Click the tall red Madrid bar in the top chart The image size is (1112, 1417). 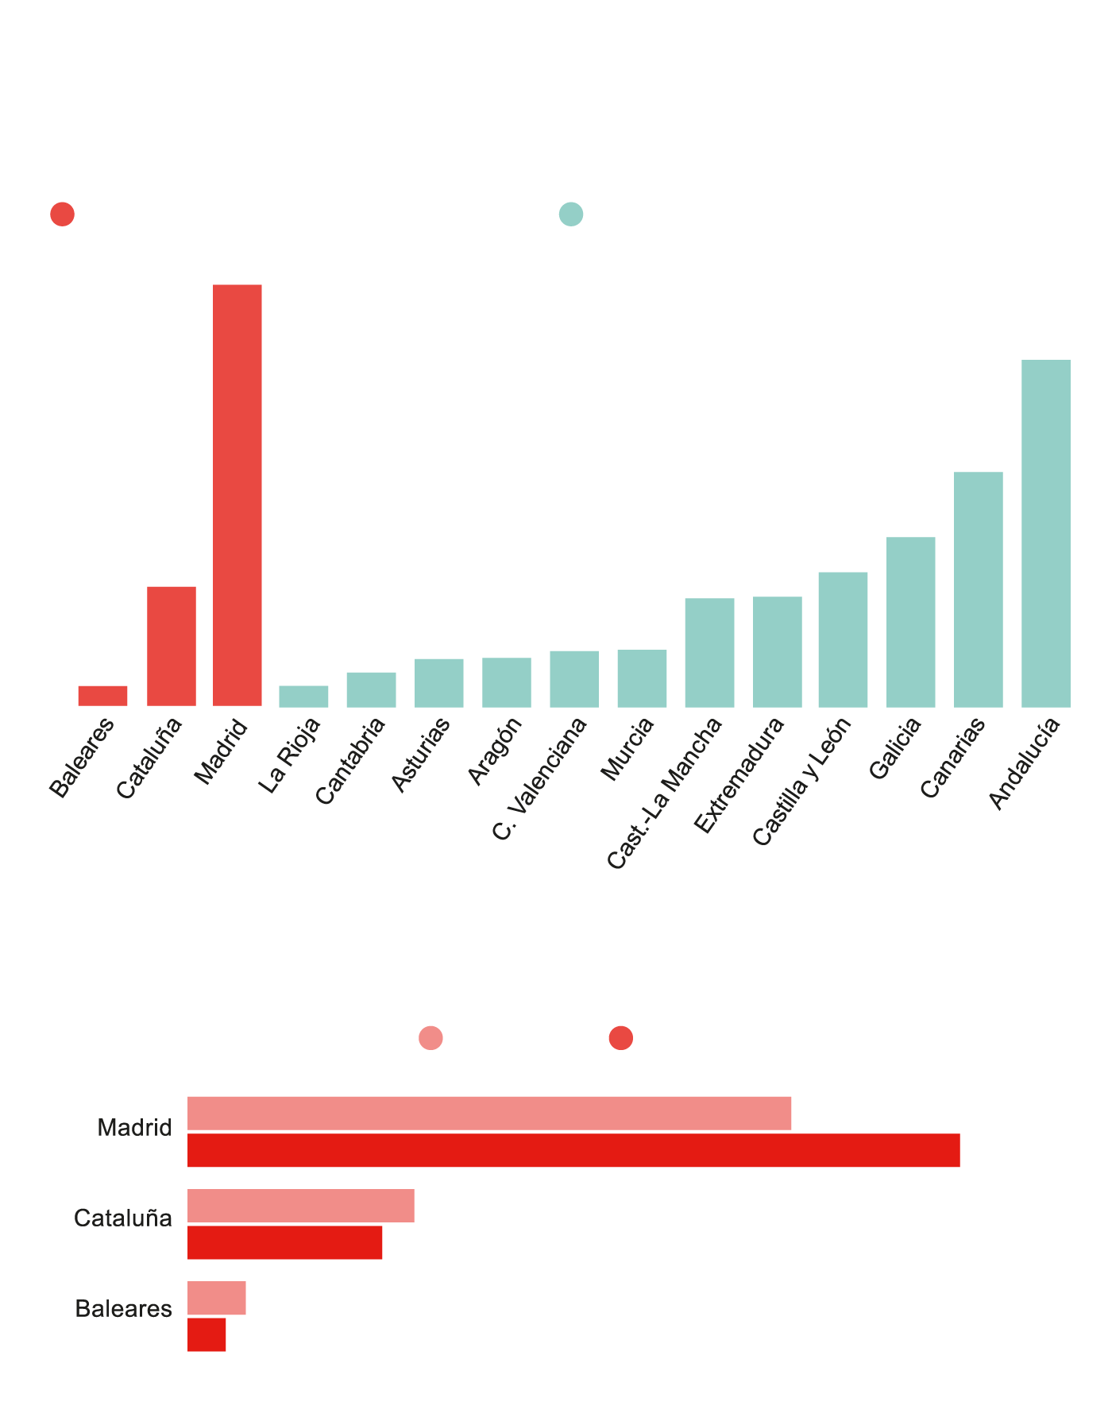click(x=237, y=495)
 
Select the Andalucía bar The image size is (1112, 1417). click(x=1045, y=533)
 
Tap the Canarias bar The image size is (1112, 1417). click(x=978, y=589)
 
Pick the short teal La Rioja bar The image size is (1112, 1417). click(x=303, y=696)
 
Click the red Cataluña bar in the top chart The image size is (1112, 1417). click(x=172, y=646)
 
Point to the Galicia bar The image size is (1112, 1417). click(x=910, y=622)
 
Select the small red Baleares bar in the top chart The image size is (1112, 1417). click(x=102, y=696)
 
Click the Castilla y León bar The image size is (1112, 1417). click(x=843, y=639)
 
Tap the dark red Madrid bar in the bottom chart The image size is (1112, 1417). click(x=573, y=1150)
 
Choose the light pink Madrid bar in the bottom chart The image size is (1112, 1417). click(x=489, y=1113)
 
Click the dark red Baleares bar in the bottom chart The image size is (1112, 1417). click(x=207, y=1334)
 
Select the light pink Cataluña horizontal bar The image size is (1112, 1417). click(x=300, y=1206)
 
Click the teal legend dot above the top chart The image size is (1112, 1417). click(x=571, y=214)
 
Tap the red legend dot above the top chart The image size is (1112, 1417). click(x=62, y=214)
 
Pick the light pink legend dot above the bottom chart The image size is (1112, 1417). click(x=431, y=1037)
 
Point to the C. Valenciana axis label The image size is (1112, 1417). click(x=540, y=778)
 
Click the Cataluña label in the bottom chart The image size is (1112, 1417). click(x=123, y=1218)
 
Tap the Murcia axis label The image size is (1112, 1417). click(x=627, y=749)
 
